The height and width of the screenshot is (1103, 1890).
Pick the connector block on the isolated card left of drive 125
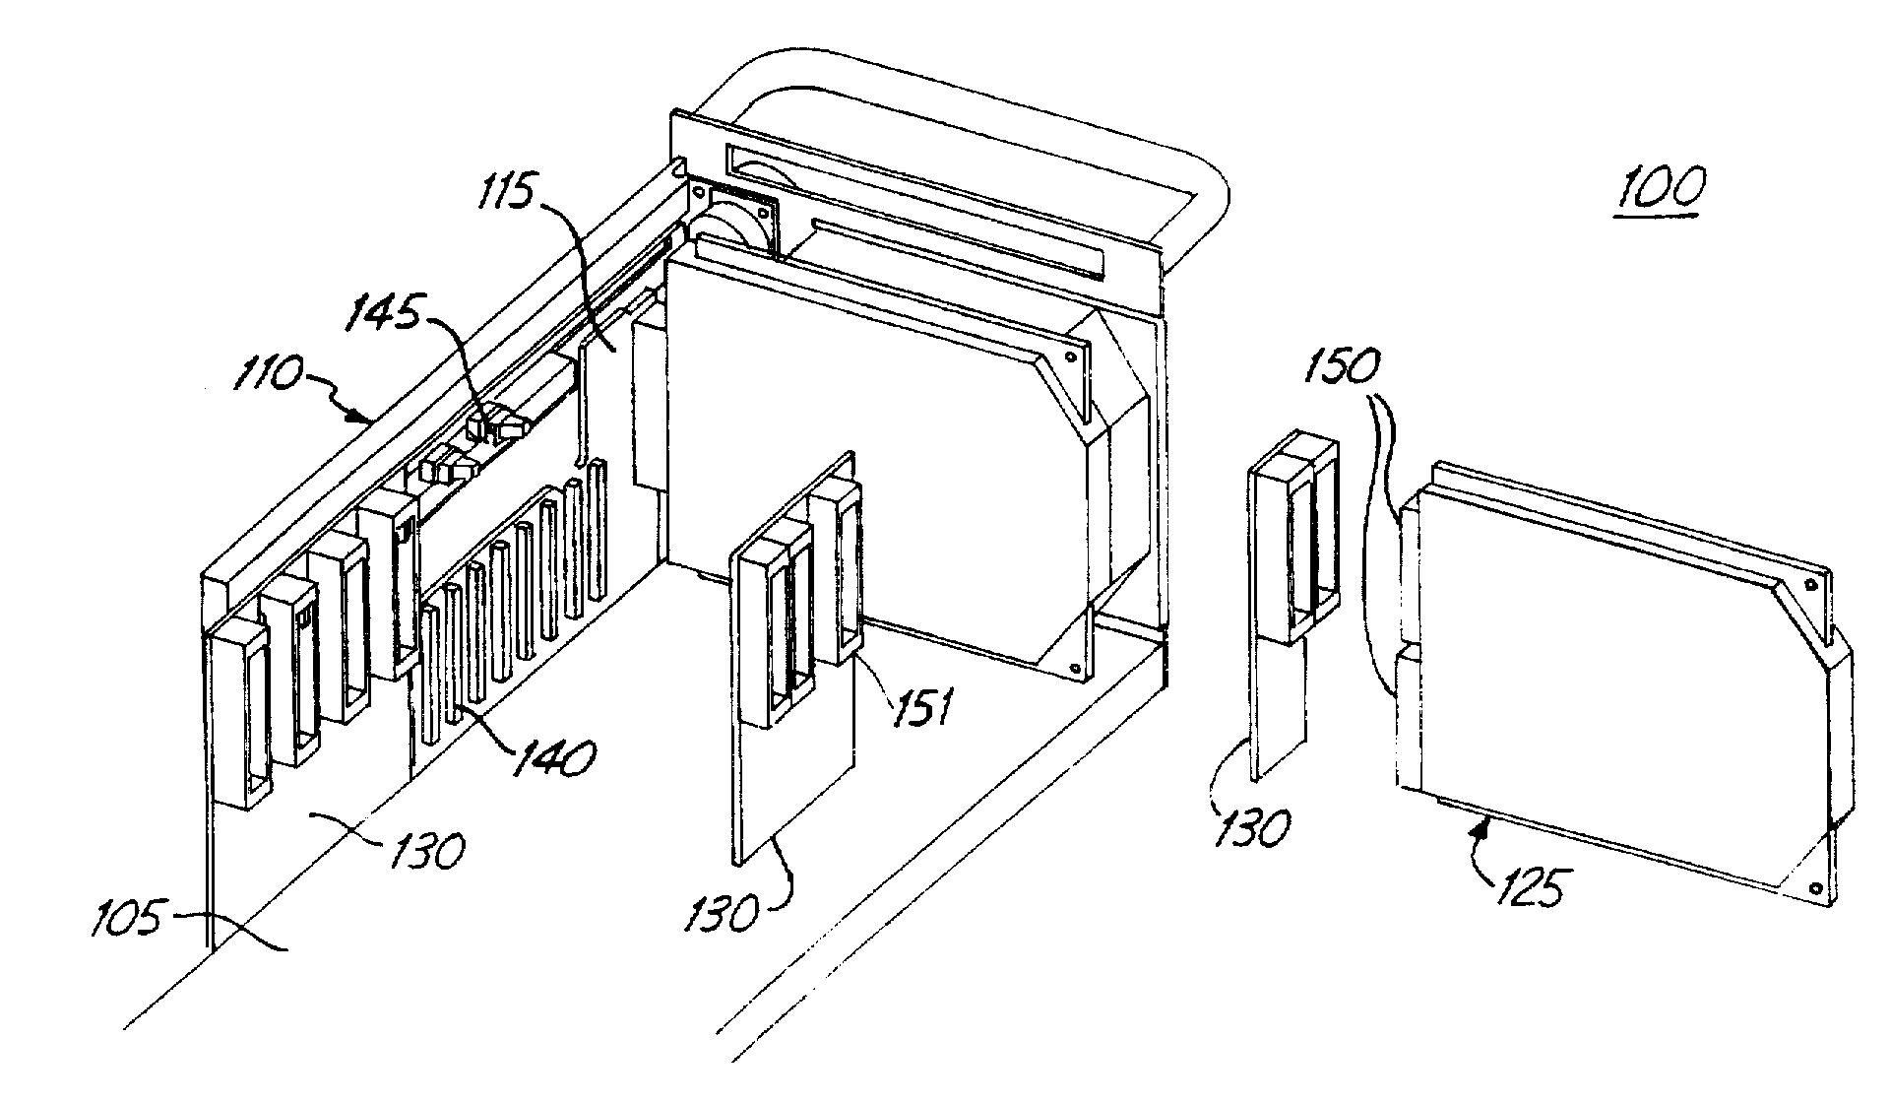[x=1294, y=552]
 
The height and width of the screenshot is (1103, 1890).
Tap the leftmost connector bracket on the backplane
[x=236, y=714]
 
